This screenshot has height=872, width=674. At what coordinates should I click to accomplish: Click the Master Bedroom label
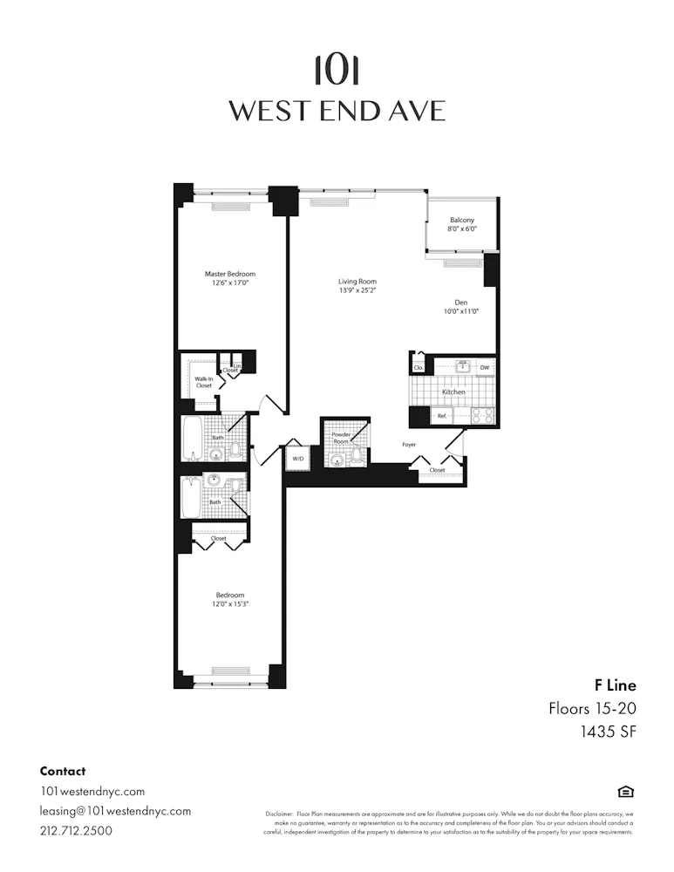pyautogui.click(x=230, y=274)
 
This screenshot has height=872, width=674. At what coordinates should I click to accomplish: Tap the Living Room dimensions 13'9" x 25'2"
pyautogui.click(x=357, y=291)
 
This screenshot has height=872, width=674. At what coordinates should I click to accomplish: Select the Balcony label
pyautogui.click(x=462, y=220)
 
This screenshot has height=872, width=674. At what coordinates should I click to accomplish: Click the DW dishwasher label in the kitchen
pyautogui.click(x=484, y=368)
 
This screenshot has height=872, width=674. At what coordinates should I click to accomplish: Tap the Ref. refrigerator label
pyautogui.click(x=442, y=417)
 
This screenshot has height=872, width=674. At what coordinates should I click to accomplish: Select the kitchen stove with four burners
pyautogui.click(x=483, y=415)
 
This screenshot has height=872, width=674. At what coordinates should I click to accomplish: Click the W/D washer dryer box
pyautogui.click(x=297, y=458)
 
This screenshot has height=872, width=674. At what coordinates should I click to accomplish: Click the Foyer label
pyautogui.click(x=409, y=445)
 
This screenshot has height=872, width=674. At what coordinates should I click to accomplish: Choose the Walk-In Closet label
pyautogui.click(x=203, y=382)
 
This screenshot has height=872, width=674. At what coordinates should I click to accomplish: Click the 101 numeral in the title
pyautogui.click(x=337, y=70)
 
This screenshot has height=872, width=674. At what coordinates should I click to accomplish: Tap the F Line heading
pyautogui.click(x=616, y=685)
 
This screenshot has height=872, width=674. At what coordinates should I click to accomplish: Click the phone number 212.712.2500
pyautogui.click(x=77, y=830)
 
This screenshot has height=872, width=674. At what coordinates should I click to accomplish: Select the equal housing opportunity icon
pyautogui.click(x=625, y=792)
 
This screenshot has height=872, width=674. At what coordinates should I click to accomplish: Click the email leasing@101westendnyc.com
pyautogui.click(x=115, y=811)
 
